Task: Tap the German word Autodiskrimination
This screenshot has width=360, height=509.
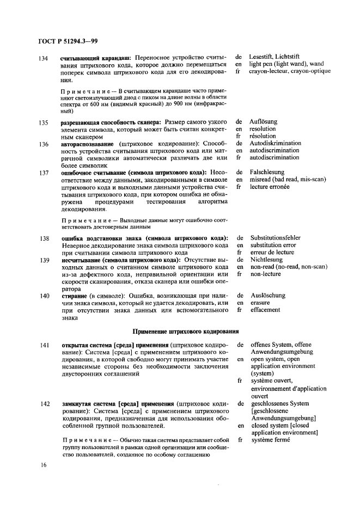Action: click(275, 144)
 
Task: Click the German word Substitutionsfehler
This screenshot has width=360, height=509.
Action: click(276, 238)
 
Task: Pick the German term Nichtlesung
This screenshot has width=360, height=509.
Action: click(267, 260)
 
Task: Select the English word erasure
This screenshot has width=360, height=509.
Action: click(261, 303)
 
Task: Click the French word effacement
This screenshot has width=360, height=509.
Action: click(265, 310)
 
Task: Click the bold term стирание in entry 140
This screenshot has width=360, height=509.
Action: click(74, 296)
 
